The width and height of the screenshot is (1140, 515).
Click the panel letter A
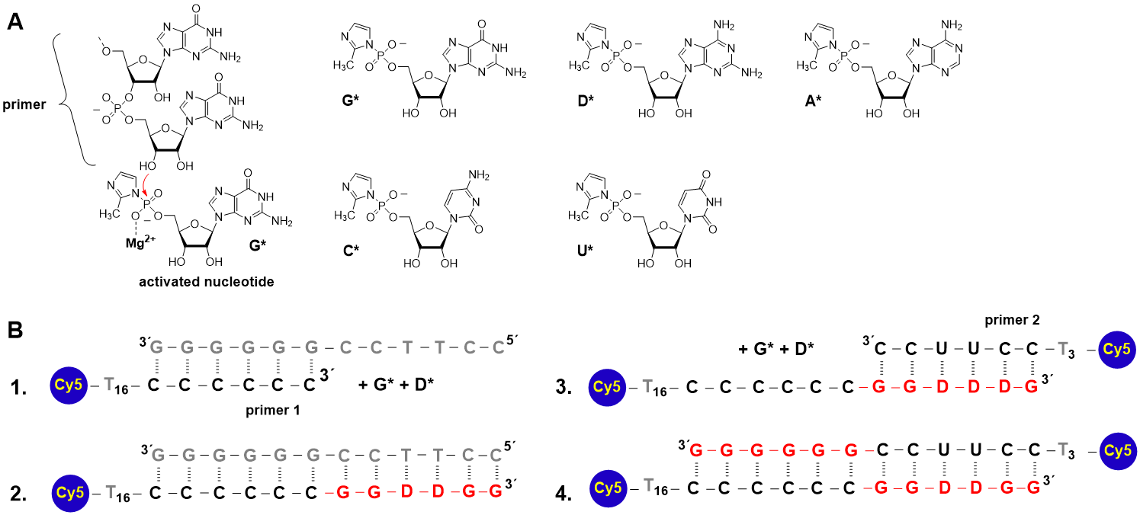point(15,21)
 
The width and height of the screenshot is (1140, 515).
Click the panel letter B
point(15,331)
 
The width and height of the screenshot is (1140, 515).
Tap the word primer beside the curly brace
point(24,104)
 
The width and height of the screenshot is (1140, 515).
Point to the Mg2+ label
point(140,242)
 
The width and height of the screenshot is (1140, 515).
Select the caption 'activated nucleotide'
point(207,282)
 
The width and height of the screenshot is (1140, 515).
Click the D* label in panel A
point(586,101)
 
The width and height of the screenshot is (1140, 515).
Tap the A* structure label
point(814,101)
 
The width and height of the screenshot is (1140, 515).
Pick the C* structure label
point(351,251)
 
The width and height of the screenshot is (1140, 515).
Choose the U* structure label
point(586,251)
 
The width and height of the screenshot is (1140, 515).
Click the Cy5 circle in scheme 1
point(69,385)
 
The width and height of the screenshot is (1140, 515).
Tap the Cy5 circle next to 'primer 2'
point(1117,349)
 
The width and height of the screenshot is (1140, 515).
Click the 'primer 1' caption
point(273,411)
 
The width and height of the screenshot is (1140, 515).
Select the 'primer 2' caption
point(1012,320)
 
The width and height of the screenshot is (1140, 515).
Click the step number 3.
point(564,388)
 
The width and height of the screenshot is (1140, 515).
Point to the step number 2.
point(18,493)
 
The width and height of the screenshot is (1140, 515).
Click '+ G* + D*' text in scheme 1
point(396,385)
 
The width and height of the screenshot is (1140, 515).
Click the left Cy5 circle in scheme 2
point(70,493)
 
